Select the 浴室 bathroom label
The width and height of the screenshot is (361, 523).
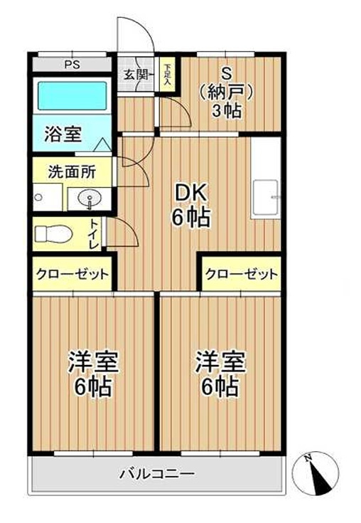[58, 132]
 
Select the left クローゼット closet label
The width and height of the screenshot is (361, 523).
[72, 274]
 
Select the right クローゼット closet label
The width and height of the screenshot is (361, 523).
[241, 274]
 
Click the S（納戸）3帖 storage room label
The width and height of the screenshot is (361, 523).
[227, 91]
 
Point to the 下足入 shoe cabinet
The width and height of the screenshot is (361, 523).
[167, 74]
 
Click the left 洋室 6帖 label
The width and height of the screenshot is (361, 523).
[92, 374]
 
